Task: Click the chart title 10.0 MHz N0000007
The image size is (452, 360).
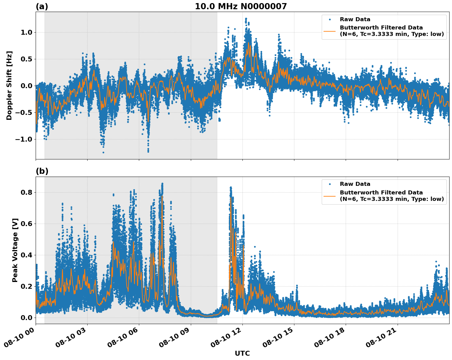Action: [241, 6]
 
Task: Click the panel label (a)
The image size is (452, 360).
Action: [42, 6]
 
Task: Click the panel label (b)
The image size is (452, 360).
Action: [42, 171]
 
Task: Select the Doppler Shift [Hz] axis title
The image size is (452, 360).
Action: [9, 85]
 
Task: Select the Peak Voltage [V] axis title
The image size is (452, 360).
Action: [15, 250]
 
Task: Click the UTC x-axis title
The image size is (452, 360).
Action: [242, 353]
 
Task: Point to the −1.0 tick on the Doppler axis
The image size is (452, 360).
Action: [23, 139]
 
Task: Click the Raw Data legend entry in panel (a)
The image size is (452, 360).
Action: [355, 19]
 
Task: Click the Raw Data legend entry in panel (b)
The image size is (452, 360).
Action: [355, 184]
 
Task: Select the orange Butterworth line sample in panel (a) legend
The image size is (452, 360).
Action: [330, 31]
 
